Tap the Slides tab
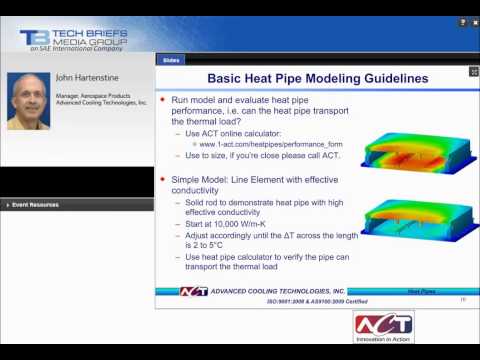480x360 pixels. [x=171, y=60]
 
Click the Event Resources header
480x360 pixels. [x=35, y=205]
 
